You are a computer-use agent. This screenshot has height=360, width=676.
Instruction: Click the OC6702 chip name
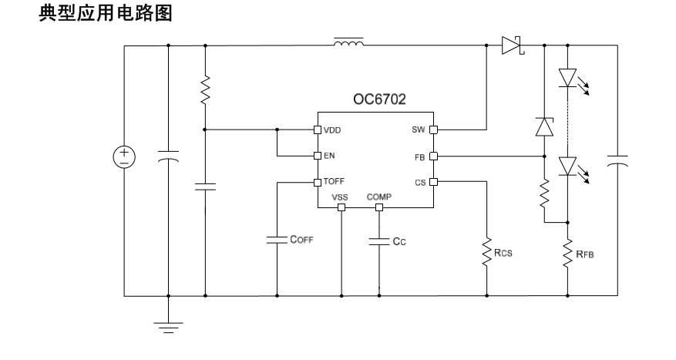click(379, 99)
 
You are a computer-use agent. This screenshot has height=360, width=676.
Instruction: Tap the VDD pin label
click(332, 130)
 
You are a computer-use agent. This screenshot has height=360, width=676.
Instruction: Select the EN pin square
click(318, 156)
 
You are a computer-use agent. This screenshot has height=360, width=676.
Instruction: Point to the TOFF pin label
click(334, 181)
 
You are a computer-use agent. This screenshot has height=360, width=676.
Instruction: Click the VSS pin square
click(341, 207)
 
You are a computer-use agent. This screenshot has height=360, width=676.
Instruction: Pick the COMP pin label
click(379, 197)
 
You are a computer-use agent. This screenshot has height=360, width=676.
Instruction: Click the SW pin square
click(433, 130)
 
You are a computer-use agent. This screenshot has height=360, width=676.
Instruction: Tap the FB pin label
click(420, 158)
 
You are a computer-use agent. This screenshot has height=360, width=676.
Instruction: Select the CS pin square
click(433, 182)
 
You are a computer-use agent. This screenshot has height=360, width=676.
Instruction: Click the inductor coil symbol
click(348, 42)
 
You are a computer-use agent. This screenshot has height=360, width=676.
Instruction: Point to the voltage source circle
click(124, 157)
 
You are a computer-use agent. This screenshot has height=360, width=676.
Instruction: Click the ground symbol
click(168, 328)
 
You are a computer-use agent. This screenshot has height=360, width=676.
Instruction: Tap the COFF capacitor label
click(301, 239)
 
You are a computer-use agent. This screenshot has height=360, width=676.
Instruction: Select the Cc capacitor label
click(399, 241)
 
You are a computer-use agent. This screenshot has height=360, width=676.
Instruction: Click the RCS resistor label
click(503, 253)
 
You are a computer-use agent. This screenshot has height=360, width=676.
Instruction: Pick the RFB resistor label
click(584, 254)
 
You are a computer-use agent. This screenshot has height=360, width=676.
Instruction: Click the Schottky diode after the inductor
click(513, 45)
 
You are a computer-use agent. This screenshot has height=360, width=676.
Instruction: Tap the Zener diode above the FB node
click(544, 126)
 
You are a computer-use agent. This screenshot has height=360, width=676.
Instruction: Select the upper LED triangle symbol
click(567, 78)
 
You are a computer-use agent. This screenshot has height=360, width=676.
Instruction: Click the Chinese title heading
click(106, 13)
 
